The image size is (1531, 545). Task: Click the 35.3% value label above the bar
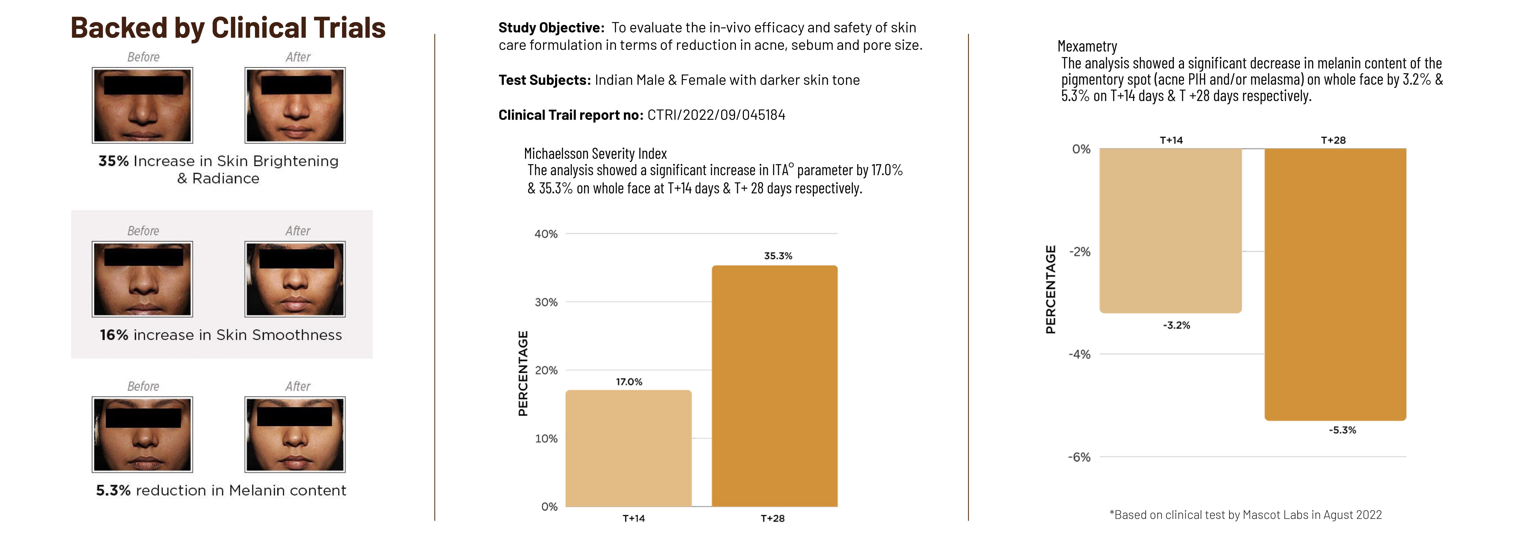[x=778, y=256]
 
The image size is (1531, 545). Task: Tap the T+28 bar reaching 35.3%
[x=775, y=386]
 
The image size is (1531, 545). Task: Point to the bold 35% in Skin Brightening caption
[x=114, y=161]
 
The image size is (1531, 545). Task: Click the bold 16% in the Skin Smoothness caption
[x=114, y=335]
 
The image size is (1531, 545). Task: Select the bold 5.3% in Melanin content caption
[x=113, y=490]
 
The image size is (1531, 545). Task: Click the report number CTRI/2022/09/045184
[x=716, y=115]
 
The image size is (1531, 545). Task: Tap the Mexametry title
[x=1087, y=46]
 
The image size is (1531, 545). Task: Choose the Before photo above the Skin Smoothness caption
[x=143, y=279]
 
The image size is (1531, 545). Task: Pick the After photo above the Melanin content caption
[x=295, y=434]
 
